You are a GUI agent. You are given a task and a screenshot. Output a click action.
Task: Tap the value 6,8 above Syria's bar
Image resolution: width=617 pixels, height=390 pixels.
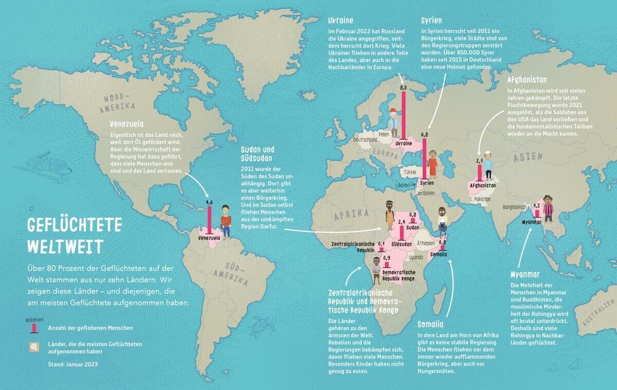(x=424, y=134)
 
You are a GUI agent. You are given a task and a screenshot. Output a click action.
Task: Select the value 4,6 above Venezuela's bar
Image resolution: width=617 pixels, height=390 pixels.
(x=209, y=203)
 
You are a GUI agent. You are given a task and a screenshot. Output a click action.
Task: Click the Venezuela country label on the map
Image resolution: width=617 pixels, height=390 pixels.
(x=209, y=239)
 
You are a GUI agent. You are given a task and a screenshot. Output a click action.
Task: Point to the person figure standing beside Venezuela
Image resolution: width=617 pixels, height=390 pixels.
(x=225, y=221)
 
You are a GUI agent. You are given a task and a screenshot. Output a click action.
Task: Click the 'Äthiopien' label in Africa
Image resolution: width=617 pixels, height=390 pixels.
(x=426, y=243)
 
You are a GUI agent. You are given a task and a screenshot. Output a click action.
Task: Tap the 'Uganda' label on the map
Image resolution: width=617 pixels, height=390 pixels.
(x=415, y=257)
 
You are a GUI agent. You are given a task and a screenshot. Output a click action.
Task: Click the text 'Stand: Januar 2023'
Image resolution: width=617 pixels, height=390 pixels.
(x=72, y=364)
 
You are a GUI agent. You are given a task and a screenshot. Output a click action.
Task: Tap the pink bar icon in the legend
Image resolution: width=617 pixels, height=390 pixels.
(x=34, y=328)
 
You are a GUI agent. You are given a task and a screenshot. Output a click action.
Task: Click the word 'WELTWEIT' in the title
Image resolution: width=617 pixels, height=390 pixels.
(x=65, y=245)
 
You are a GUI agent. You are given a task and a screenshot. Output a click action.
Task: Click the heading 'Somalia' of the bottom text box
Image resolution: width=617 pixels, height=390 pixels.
(x=430, y=324)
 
